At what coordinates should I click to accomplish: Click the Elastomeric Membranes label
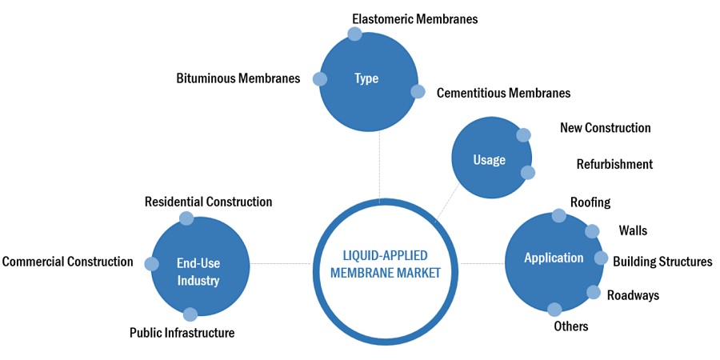tap(414, 18)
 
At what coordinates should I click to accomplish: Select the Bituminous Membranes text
tap(238, 78)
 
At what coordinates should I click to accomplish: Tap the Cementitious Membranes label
tap(503, 93)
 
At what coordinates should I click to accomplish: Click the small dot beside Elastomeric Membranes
tap(355, 34)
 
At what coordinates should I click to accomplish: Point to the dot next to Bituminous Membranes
tap(320, 78)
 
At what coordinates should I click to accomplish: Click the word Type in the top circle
tap(366, 78)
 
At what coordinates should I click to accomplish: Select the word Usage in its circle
tap(489, 160)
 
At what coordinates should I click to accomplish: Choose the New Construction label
tap(605, 128)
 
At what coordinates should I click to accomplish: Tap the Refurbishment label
tap(614, 164)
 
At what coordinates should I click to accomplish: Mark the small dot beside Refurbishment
tap(527, 172)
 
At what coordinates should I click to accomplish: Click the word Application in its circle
tap(554, 258)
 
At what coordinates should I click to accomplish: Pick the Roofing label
tap(590, 202)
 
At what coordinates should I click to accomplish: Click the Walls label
tap(633, 230)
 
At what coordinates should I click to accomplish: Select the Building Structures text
tap(662, 261)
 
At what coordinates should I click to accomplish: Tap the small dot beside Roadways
tap(594, 292)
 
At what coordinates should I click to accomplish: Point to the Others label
tap(570, 326)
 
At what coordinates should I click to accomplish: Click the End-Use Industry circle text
tap(198, 270)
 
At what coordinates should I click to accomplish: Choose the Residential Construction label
tap(208, 202)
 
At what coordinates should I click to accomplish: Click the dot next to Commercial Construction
tap(151, 263)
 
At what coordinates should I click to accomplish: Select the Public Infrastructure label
tap(182, 333)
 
